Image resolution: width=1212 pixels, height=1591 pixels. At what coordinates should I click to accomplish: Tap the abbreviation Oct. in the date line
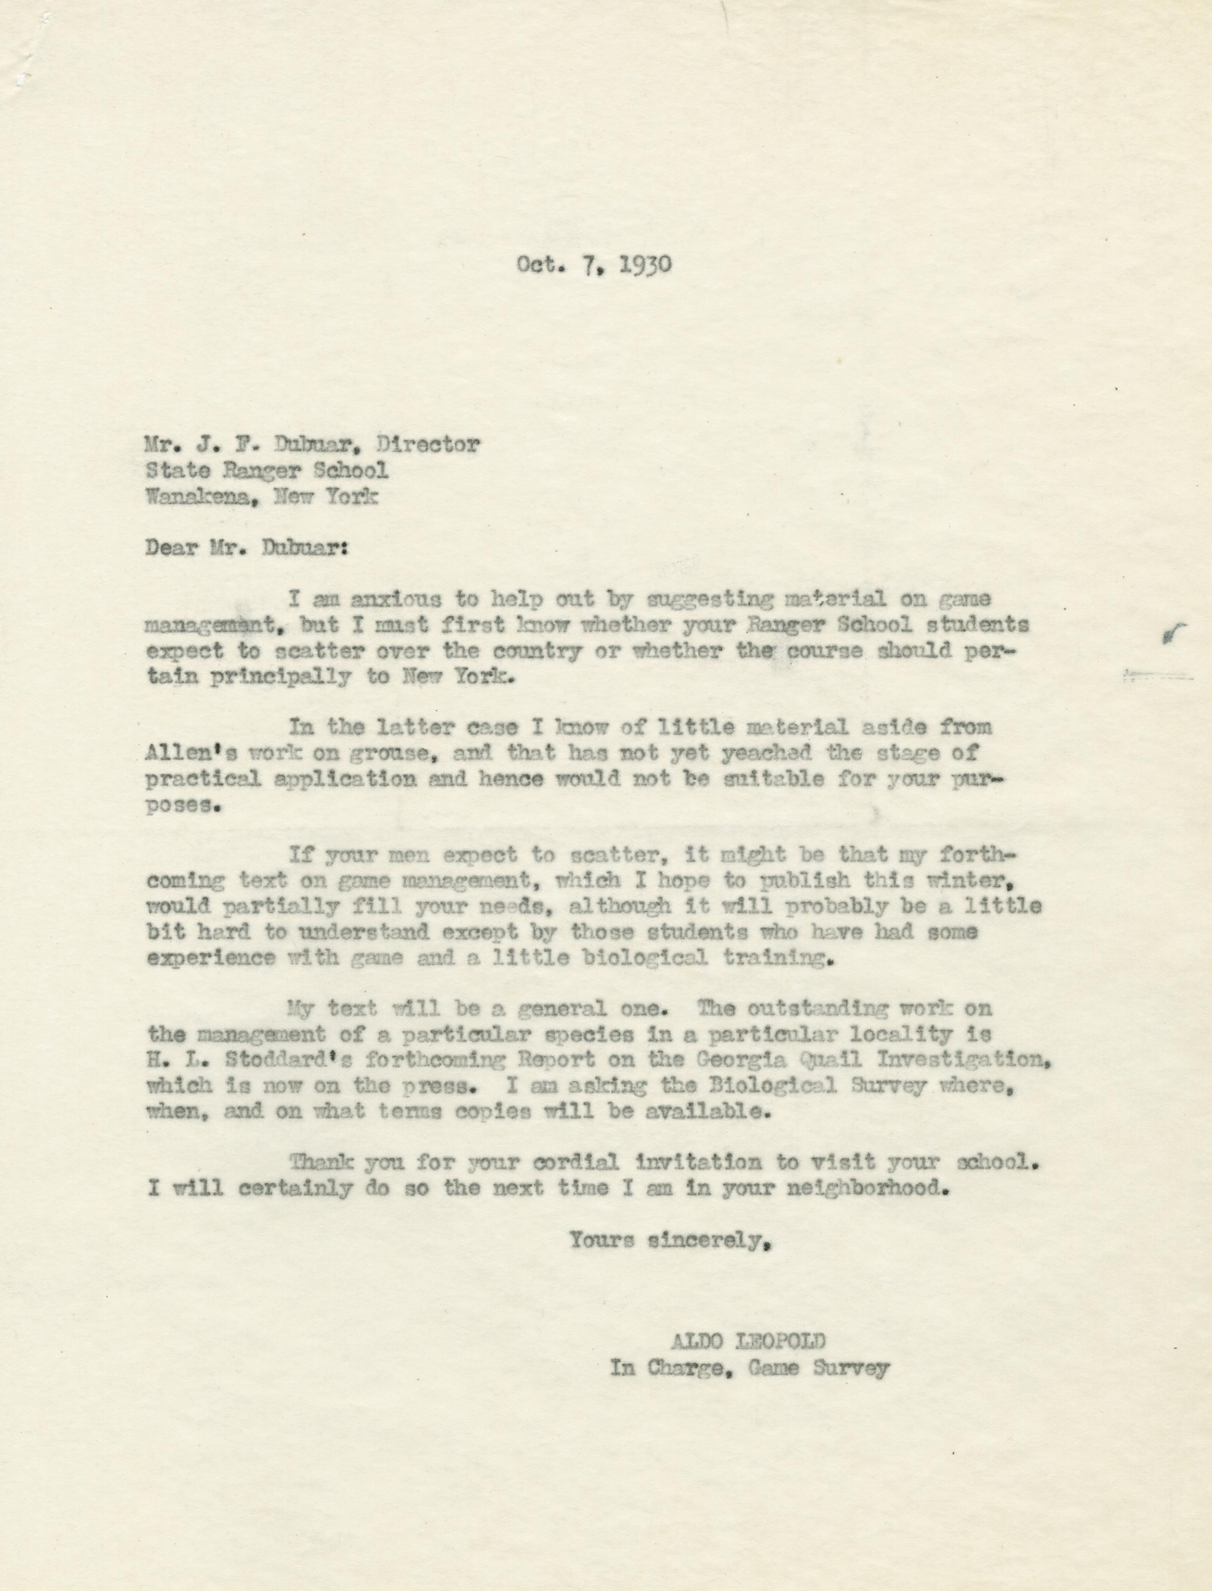click(x=538, y=265)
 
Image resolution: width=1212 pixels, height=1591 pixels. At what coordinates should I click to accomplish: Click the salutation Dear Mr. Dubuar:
click(x=247, y=548)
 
